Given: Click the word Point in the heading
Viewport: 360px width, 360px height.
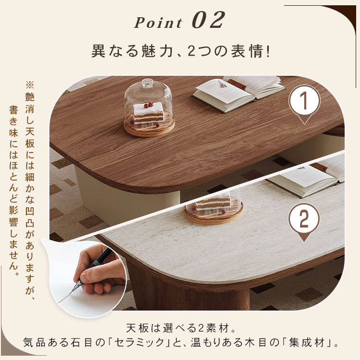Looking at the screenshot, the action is (158, 23).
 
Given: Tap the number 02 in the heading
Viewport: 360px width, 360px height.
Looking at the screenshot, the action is (208, 20).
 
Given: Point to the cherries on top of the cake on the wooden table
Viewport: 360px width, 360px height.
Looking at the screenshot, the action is (149, 105).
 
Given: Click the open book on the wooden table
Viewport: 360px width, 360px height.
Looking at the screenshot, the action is (238, 94).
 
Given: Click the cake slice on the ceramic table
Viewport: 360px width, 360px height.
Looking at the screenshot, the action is (212, 203).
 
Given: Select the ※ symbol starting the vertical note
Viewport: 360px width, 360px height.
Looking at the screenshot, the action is (30, 85).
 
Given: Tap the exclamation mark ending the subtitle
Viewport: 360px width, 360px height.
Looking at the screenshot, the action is (268, 51).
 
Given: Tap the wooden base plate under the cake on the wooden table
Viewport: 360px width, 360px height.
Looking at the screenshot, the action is (149, 127).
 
